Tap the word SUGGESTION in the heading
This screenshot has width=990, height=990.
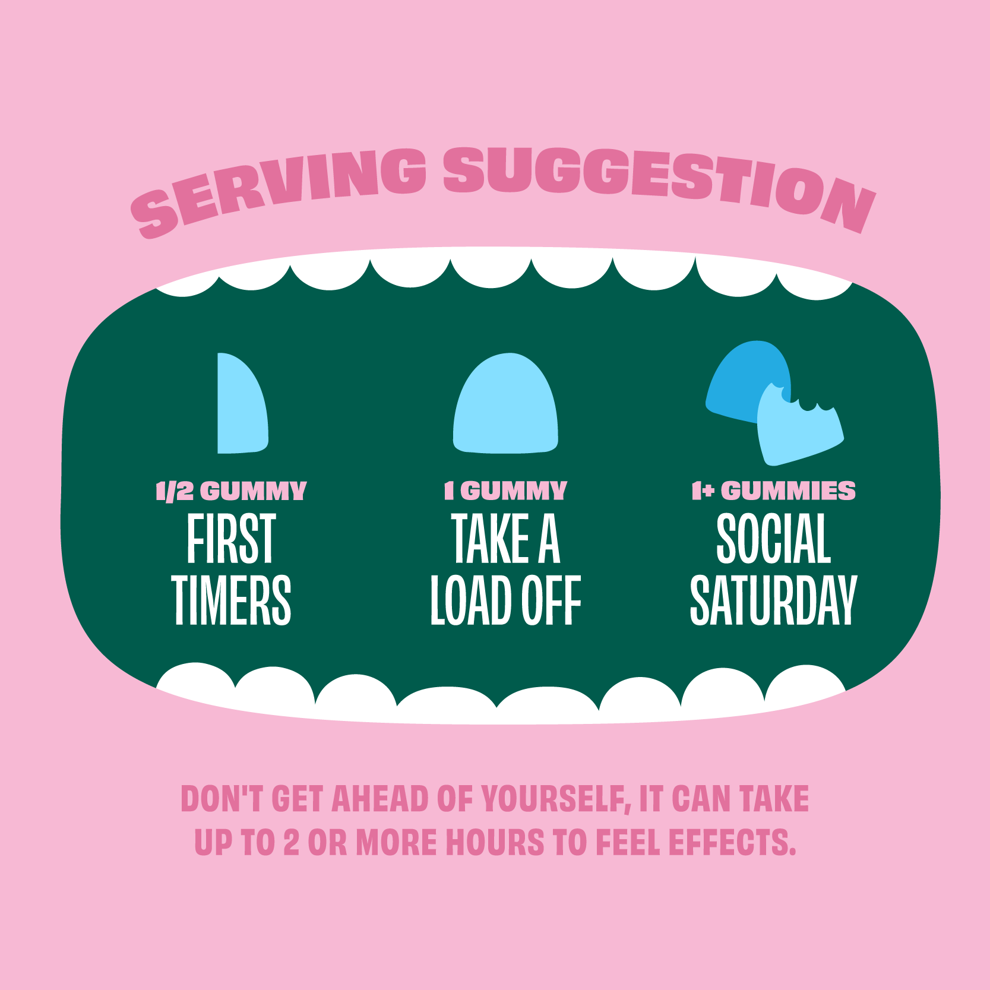[659, 184]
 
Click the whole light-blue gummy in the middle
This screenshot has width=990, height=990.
[505, 403]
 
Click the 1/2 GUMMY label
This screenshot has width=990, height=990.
[231, 491]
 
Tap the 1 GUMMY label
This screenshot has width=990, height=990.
[505, 491]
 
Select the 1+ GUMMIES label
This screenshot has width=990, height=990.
[773, 491]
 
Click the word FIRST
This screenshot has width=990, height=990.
[231, 539]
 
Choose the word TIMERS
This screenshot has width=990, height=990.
[231, 600]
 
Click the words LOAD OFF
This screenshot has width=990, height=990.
[505, 600]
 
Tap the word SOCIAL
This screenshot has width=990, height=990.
[773, 539]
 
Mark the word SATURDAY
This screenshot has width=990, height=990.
[773, 600]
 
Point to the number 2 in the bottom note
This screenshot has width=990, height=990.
[291, 843]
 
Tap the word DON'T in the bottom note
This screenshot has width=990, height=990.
[222, 799]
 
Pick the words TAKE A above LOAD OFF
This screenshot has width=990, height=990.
[505, 539]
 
